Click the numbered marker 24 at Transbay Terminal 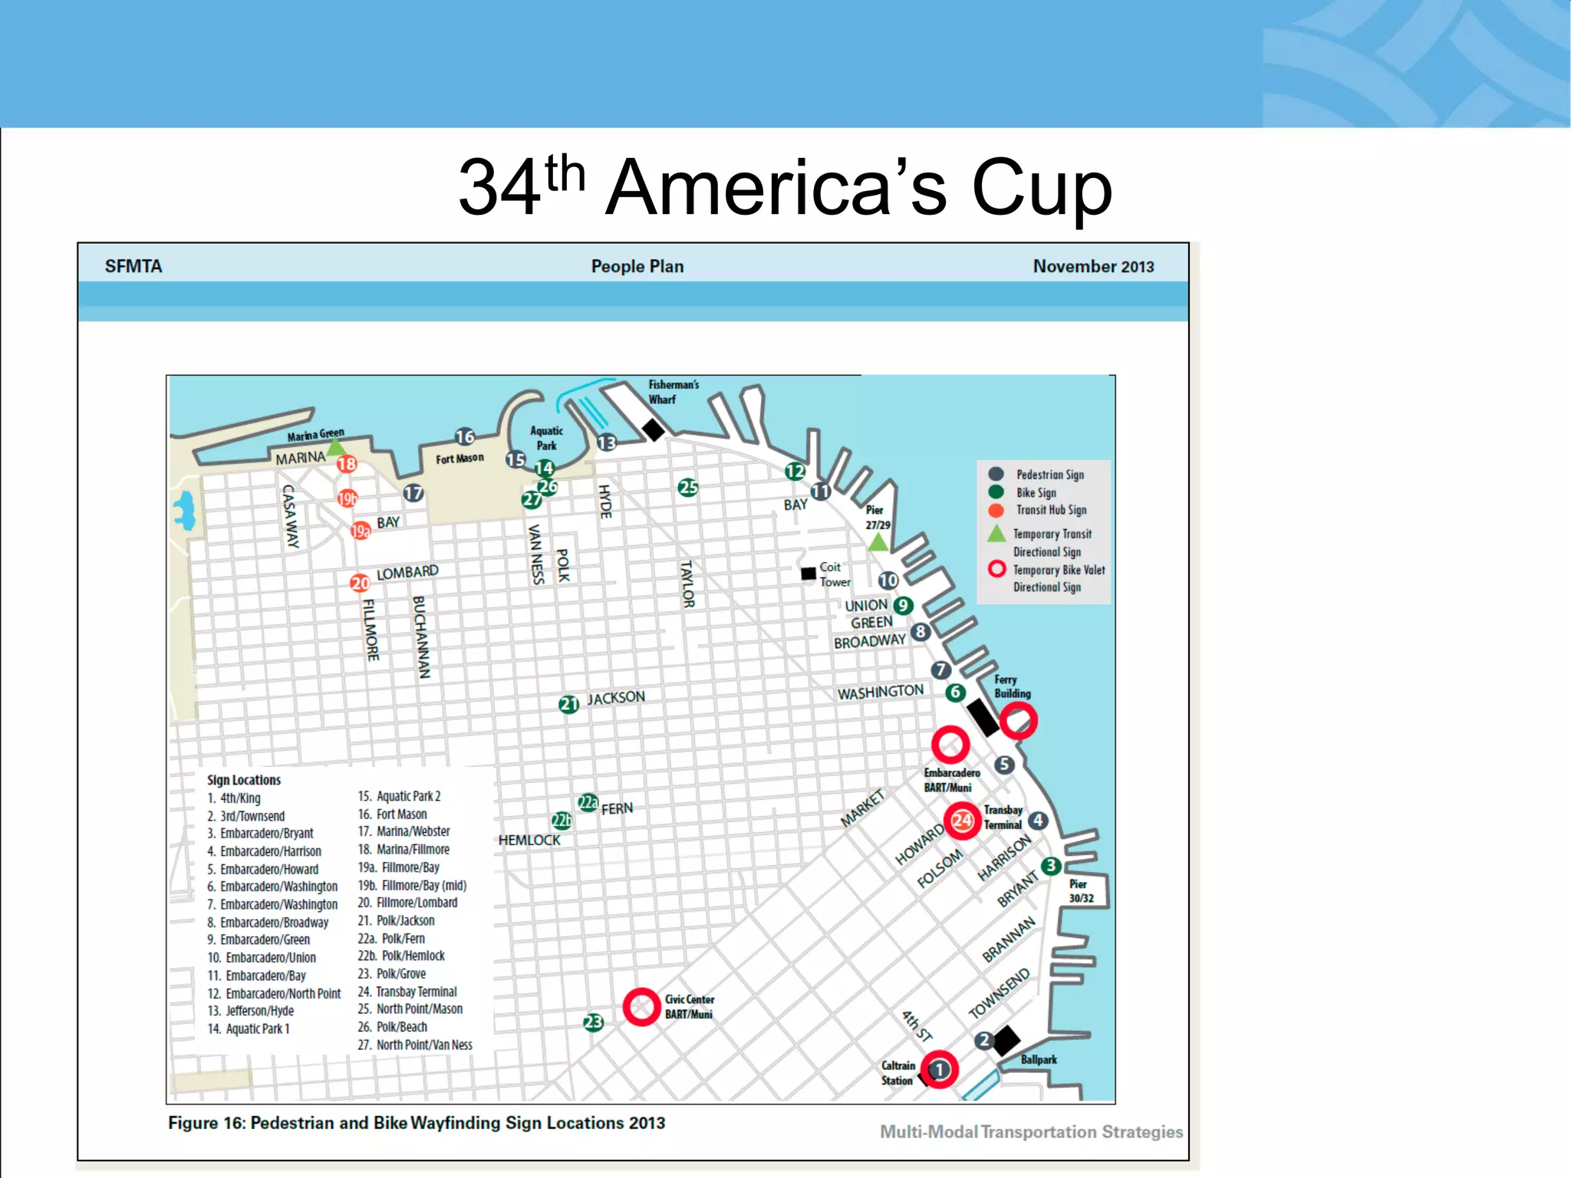[962, 821]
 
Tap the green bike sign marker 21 [568, 704]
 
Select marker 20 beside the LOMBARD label [360, 583]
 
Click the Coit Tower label [834, 574]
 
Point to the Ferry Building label [1012, 686]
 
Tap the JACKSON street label [616, 698]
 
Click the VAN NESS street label [536, 554]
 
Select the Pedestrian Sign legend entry [1049, 475]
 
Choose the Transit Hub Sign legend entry [1051, 510]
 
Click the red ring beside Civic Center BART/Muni [641, 1007]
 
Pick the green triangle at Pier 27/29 [878, 543]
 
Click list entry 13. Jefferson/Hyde [251, 1011]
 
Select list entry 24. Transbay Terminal [407, 992]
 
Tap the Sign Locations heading [244, 780]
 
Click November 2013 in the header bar [1093, 266]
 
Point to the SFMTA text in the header [133, 266]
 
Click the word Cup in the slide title [1041, 188]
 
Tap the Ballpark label [1039, 1059]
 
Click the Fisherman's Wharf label [674, 392]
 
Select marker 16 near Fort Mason [465, 436]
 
